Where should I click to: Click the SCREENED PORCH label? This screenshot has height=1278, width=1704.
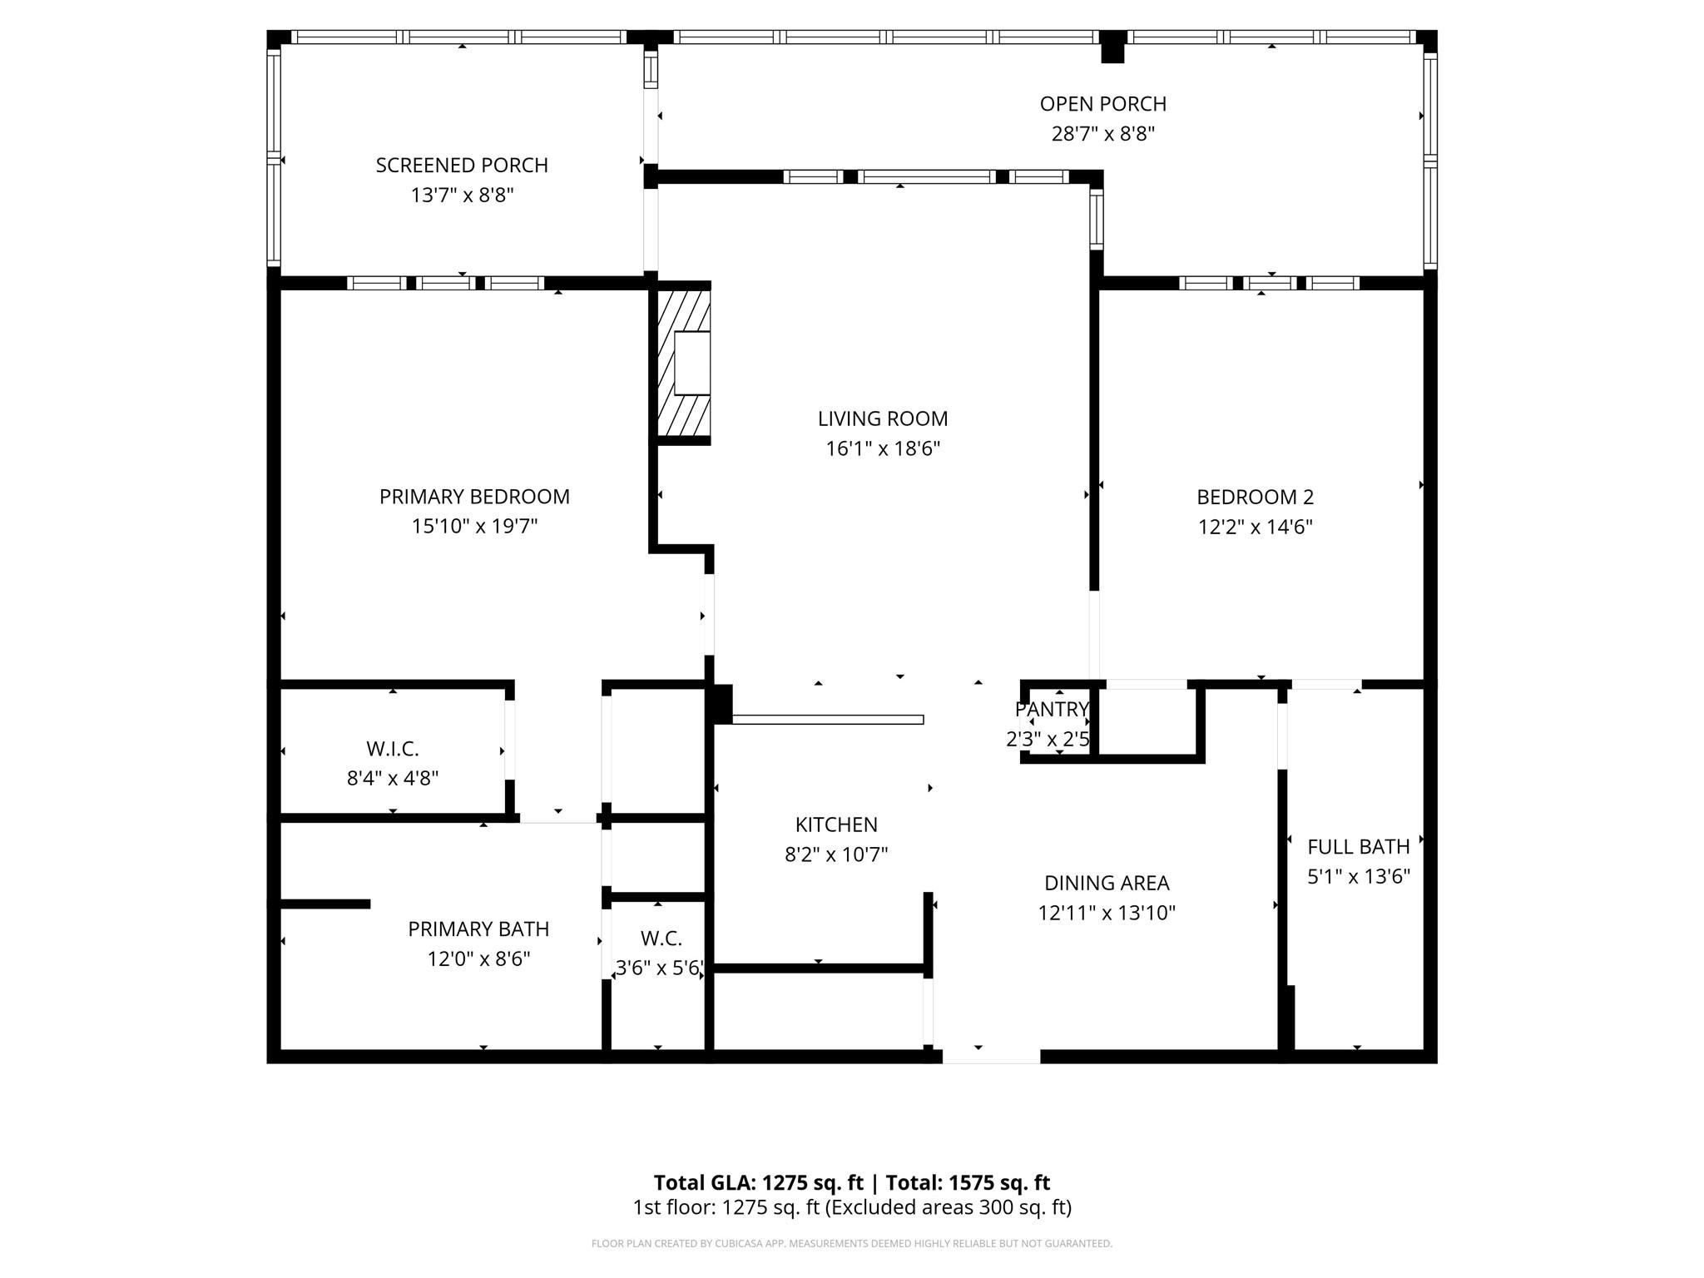click(x=462, y=166)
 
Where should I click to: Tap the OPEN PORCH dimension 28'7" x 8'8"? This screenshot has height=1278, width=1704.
click(x=1103, y=134)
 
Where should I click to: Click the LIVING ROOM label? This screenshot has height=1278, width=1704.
click(x=882, y=419)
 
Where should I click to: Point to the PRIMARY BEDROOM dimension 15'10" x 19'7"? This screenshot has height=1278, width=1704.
click(x=474, y=527)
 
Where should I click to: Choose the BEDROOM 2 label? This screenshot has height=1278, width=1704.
click(x=1255, y=497)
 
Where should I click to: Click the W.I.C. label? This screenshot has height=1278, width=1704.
click(x=392, y=749)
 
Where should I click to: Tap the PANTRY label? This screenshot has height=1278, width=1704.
click(x=1052, y=710)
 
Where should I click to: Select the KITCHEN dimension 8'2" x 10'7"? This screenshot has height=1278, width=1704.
click(x=836, y=854)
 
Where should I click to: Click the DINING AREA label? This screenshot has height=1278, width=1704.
click(x=1107, y=883)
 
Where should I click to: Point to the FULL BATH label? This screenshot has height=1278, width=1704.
click(x=1358, y=847)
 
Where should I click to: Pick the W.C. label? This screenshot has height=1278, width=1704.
click(x=661, y=939)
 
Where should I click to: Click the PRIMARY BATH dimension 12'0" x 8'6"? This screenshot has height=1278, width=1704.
click(x=478, y=959)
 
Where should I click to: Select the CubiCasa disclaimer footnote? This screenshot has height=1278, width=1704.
click(x=851, y=1244)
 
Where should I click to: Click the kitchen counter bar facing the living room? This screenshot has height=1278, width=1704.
click(x=827, y=720)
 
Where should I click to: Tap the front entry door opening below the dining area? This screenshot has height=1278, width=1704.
click(x=990, y=1056)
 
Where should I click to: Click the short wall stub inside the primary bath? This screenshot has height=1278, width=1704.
click(x=325, y=904)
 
